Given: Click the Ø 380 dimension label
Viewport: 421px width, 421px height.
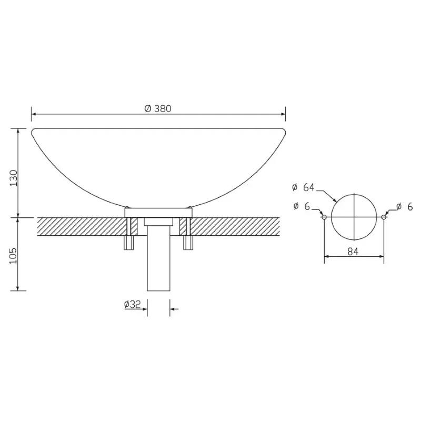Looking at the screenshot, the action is point(158,108).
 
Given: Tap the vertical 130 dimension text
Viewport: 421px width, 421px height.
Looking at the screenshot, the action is point(14,178).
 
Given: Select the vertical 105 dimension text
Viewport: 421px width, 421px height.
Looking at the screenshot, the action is point(14,256).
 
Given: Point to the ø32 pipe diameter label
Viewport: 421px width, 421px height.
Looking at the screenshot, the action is point(133,304).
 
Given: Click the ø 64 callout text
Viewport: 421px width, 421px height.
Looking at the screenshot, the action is point(303,187).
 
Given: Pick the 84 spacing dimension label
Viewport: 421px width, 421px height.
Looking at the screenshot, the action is point(353,252).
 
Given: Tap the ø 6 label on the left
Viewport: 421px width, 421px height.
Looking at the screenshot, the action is point(302,206).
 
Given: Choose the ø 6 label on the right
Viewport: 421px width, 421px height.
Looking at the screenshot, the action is point(404,207).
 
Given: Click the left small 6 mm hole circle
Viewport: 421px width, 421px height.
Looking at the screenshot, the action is point(324,217).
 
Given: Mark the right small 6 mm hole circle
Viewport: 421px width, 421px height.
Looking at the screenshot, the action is point(384,217).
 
